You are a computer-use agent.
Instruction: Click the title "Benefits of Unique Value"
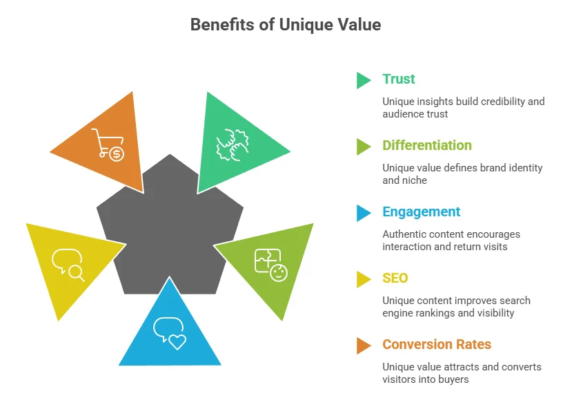pos(286,25)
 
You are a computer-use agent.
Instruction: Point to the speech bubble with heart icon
pos(170,332)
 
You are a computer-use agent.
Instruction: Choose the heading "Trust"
pos(399,79)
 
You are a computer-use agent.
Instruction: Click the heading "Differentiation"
pos(427,145)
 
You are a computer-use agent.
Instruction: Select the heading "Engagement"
pos(421,211)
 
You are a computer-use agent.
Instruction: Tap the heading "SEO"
pos(395,278)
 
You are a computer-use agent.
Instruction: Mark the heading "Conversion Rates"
pos(437,344)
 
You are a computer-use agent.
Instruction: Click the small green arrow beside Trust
pos(363,80)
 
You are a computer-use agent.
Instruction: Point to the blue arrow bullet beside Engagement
pos(363,213)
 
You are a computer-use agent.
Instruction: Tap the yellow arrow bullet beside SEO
pos(363,279)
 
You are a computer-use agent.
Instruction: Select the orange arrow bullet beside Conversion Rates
pos(363,346)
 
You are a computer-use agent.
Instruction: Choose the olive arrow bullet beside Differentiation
pos(363,147)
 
